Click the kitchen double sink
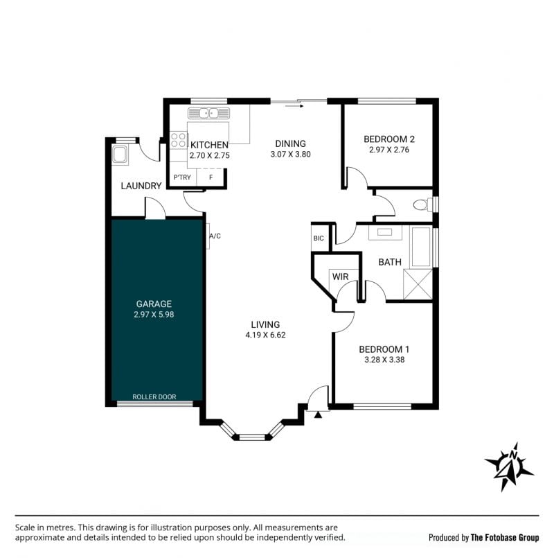208,113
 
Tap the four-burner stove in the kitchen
179,140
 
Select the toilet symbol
423,204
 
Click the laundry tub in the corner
120,155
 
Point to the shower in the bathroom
418,284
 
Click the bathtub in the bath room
421,247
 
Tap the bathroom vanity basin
385,232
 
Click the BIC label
319,238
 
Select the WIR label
340,277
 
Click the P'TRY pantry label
182,177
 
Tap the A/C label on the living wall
215,236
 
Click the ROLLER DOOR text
154,396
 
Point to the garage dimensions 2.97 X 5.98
154,314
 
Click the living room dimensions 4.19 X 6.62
265,335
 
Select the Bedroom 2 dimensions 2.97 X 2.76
389,150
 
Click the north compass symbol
509,467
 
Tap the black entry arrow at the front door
318,415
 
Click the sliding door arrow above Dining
294,105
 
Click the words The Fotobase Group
505,537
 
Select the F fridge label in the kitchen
211,177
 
